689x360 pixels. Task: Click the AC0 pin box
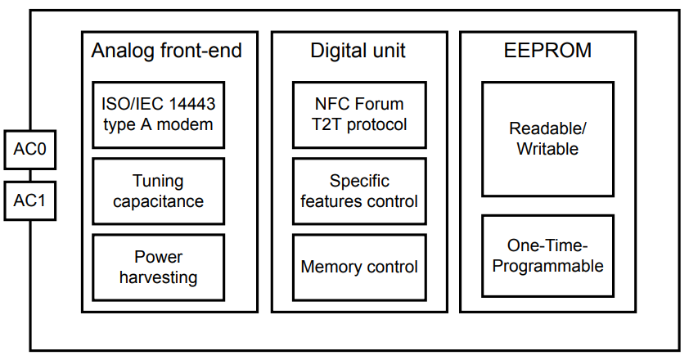[30, 150]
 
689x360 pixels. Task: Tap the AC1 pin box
[30, 201]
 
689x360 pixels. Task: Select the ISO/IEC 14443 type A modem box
[158, 115]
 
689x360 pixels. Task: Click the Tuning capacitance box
[158, 191]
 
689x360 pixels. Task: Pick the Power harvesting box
[158, 268]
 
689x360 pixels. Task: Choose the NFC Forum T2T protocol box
[359, 115]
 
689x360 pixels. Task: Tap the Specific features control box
[359, 191]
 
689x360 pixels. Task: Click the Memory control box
[359, 268]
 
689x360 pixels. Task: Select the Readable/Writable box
[547, 139]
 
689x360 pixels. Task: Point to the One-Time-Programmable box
[547, 256]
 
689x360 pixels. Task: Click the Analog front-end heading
[167, 51]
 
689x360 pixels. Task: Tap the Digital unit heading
[358, 51]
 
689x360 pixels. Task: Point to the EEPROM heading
[547, 51]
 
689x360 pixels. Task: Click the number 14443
[192, 104]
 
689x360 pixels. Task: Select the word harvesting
[158, 278]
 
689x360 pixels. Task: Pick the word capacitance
[158, 202]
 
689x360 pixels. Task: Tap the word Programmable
[547, 267]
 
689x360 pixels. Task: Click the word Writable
[547, 149]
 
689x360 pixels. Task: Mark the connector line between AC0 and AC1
[30, 175]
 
